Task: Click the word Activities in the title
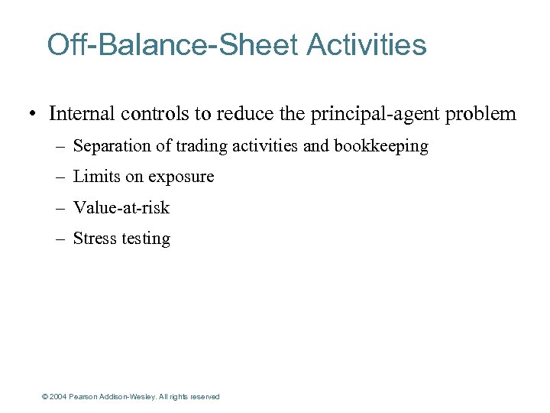[x=367, y=45]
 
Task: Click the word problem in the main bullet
[x=480, y=115]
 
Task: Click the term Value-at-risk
[x=121, y=207]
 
